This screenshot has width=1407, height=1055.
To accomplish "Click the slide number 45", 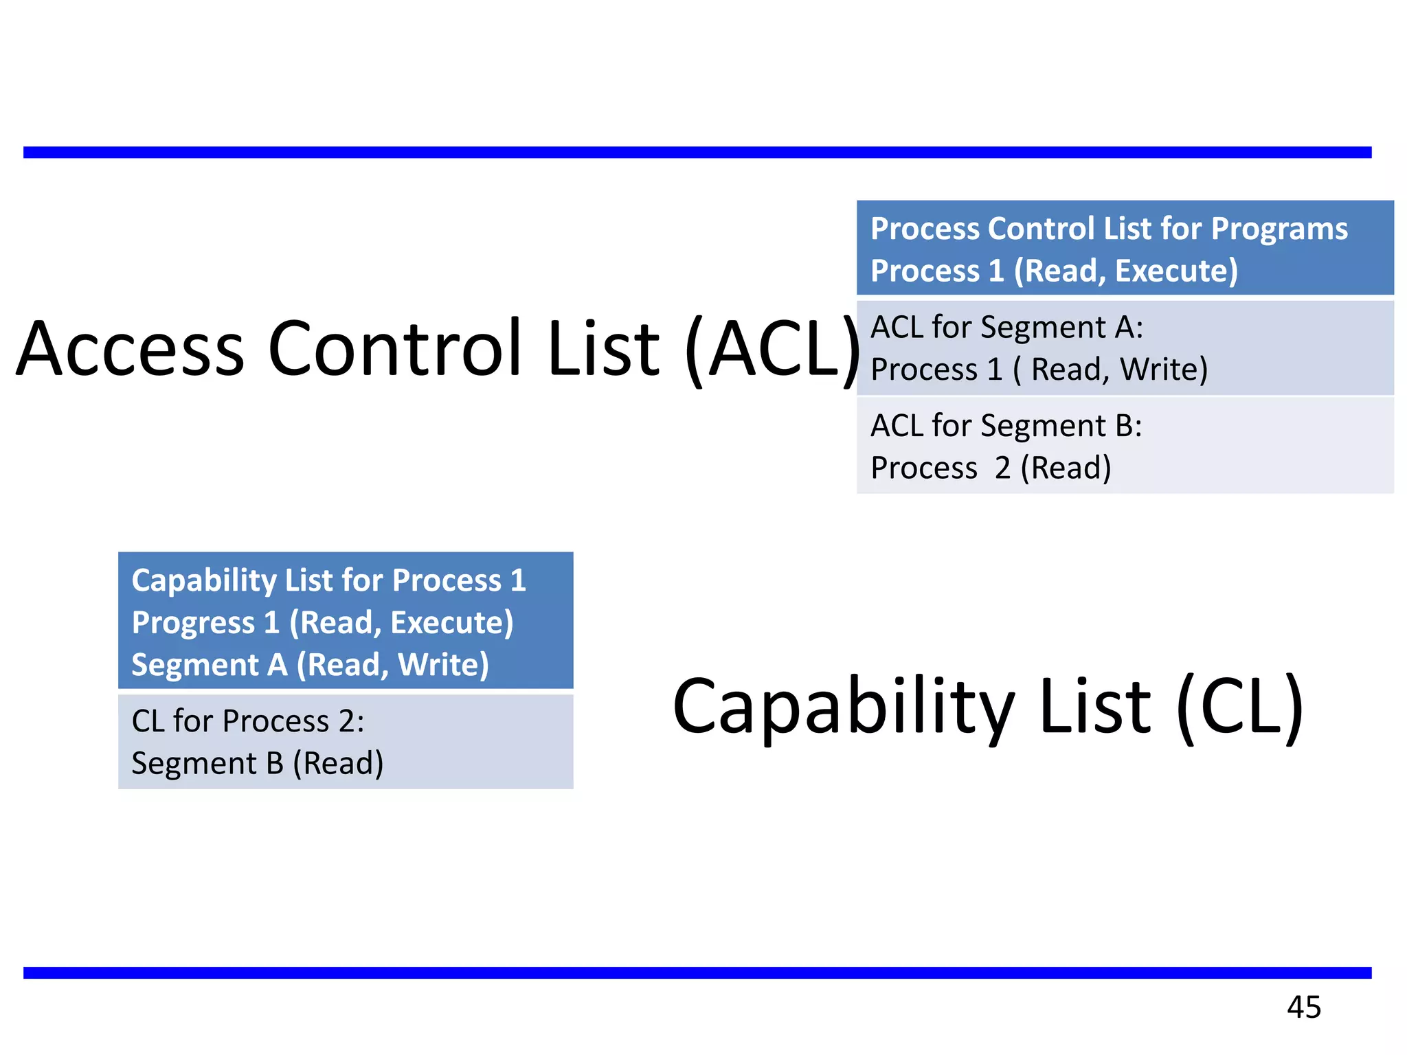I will pyautogui.click(x=1303, y=1007).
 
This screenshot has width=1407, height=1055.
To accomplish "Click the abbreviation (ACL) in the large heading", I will pyautogui.click(x=773, y=348).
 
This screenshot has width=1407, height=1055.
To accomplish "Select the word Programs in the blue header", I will pyautogui.click(x=1279, y=229).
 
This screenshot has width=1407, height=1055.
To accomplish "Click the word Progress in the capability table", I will pyautogui.click(x=194, y=623).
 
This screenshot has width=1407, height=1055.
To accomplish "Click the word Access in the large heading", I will pyautogui.click(x=131, y=348).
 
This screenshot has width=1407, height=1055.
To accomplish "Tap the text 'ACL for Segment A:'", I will pyautogui.click(x=1006, y=327).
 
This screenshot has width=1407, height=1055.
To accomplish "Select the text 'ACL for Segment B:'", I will pyautogui.click(x=1006, y=426).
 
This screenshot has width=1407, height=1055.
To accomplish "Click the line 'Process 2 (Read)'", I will pyautogui.click(x=991, y=468).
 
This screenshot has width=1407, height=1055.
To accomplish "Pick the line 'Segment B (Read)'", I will pyautogui.click(x=258, y=763).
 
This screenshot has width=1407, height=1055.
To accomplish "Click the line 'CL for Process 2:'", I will pyautogui.click(x=248, y=721).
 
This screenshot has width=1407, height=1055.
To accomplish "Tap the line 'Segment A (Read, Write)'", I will pyautogui.click(x=310, y=665).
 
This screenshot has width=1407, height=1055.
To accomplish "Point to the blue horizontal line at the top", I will pyautogui.click(x=697, y=152).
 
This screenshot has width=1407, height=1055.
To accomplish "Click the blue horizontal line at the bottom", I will pyautogui.click(x=697, y=973).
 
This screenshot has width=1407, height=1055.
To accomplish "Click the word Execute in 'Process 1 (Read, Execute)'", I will pyautogui.click(x=1176, y=271).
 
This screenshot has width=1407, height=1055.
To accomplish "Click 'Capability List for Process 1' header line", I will pyautogui.click(x=328, y=580).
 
